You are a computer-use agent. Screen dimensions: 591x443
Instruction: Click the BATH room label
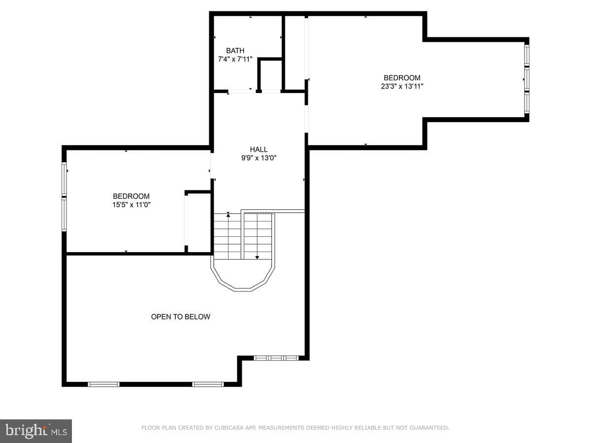[235, 51]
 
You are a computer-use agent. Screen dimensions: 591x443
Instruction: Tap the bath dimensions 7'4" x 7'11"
[235, 59]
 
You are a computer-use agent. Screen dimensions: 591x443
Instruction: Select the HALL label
[259, 149]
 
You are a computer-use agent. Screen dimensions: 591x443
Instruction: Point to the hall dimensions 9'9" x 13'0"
[259, 158]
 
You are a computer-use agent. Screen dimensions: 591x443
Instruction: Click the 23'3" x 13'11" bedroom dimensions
[402, 86]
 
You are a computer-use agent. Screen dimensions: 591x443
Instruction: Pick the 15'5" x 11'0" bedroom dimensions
[131, 205]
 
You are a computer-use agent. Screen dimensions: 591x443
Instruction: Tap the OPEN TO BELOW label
[180, 316]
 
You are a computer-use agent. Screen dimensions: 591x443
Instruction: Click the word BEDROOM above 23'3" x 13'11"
[402, 78]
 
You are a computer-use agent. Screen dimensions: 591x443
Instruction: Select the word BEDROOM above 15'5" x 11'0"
[131, 196]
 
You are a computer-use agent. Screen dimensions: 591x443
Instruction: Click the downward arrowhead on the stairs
[257, 257]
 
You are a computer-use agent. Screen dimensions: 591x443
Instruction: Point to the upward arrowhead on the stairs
[229, 215]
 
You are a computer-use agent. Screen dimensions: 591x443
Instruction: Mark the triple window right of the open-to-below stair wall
[276, 358]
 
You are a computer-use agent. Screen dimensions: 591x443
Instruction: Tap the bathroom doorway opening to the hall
[242, 92]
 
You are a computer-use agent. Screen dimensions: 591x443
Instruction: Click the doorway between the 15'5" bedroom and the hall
[212, 166]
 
